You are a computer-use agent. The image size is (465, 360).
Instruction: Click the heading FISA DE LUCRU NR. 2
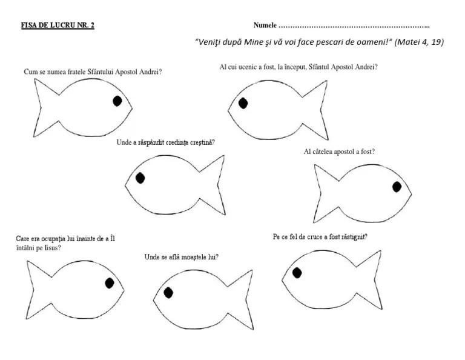58,25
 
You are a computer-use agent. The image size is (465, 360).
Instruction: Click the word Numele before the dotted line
265,25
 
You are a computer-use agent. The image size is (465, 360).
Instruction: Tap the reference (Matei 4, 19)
419,42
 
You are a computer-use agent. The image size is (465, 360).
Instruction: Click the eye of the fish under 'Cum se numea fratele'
117,101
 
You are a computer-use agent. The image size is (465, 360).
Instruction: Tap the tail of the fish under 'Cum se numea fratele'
47,108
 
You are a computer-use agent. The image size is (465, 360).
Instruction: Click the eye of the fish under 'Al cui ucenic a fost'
243,103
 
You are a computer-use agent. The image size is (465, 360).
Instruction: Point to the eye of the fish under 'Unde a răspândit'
140,178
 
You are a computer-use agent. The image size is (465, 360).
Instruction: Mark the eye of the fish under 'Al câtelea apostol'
397,187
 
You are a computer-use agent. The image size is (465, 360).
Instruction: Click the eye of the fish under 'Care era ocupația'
110,283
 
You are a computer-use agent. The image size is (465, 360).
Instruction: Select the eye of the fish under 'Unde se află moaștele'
168,293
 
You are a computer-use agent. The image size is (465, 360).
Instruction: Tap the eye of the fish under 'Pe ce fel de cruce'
297,273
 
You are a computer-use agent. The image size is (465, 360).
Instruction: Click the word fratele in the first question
77,72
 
